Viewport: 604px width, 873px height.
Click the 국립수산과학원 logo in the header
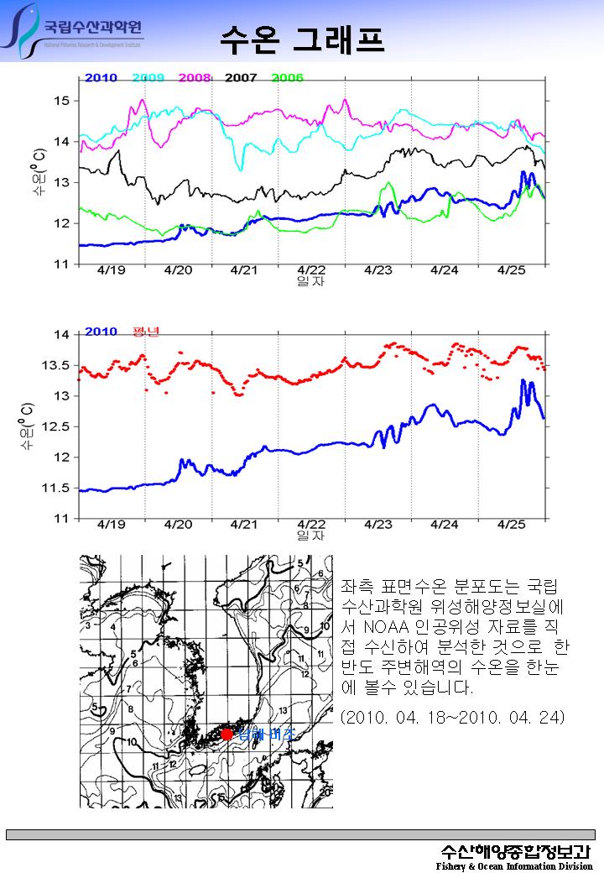tap(74, 32)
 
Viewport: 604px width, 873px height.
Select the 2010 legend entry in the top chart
tap(101, 78)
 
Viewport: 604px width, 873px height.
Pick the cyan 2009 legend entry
tap(148, 78)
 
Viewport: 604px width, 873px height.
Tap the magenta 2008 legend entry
tap(195, 78)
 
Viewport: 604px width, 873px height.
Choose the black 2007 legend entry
tap(241, 78)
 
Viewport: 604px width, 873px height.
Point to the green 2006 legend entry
tap(287, 78)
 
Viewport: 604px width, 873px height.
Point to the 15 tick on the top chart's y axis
tap(62, 101)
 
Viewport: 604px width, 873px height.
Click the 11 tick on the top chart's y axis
tap(62, 264)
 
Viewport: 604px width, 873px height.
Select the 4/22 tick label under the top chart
tap(311, 271)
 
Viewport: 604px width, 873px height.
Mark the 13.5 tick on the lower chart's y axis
tap(57, 365)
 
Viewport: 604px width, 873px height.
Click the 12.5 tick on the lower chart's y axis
tap(57, 426)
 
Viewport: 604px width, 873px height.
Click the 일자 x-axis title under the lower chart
tap(310, 536)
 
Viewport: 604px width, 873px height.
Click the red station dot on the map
tap(226, 734)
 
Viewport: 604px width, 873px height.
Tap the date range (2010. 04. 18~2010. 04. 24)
tap(452, 718)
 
